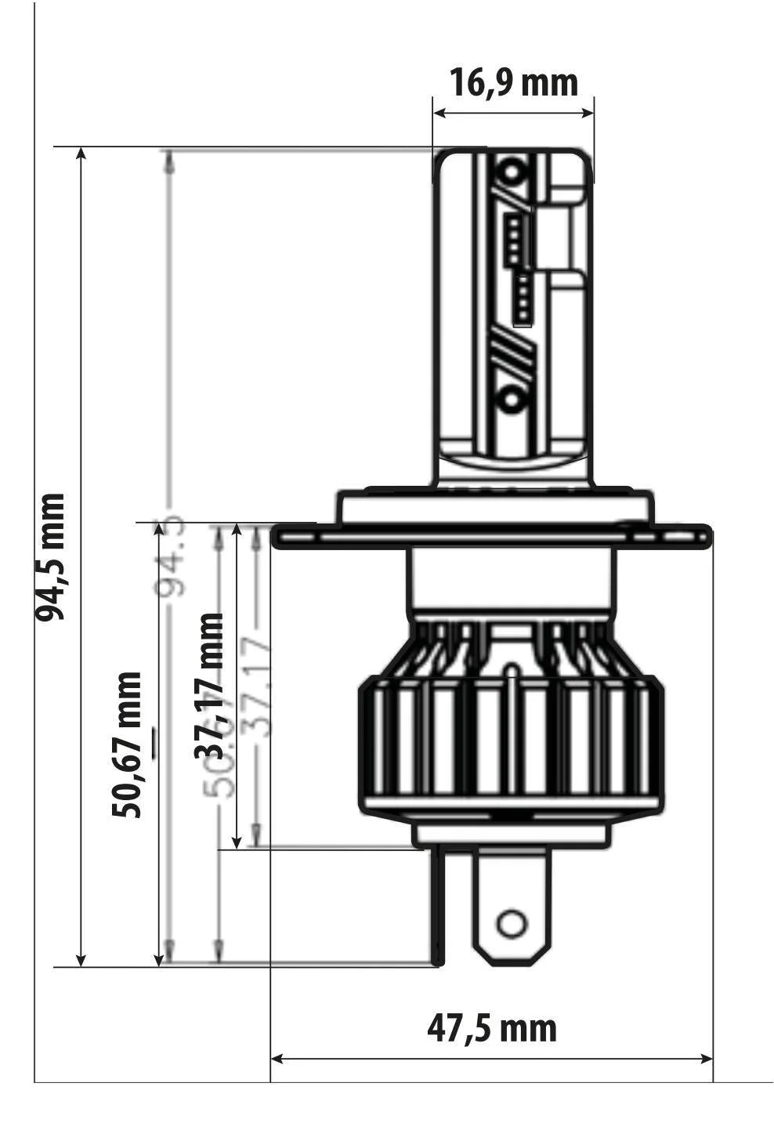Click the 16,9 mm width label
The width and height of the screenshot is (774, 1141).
click(513, 82)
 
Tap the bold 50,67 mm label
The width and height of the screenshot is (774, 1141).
click(127, 744)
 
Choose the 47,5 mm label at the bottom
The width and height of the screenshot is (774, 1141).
click(492, 1027)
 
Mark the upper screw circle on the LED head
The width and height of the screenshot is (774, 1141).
click(512, 171)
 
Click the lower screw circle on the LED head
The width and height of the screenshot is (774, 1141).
click(512, 400)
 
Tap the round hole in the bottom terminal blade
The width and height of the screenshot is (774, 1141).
click(512, 924)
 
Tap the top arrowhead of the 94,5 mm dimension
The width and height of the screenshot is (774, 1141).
click(81, 154)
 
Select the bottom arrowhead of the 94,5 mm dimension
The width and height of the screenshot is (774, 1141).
click(81, 959)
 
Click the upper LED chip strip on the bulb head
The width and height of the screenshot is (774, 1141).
click(513, 238)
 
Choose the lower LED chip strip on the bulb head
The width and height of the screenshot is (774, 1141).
click(523, 299)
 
